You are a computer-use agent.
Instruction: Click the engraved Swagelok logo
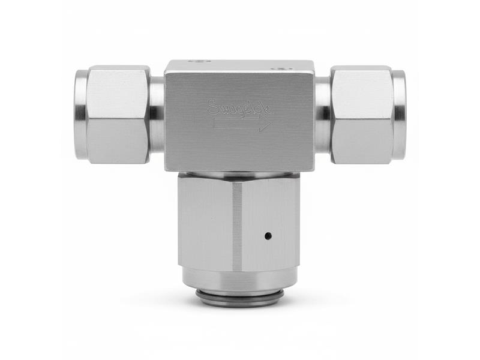click(x=240, y=108)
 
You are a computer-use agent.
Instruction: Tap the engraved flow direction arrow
click(x=242, y=124)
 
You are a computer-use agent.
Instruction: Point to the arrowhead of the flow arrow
click(x=266, y=124)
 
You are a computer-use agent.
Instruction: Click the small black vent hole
click(x=268, y=236)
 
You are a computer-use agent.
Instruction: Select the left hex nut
click(x=118, y=115)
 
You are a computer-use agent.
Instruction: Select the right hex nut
click(x=362, y=115)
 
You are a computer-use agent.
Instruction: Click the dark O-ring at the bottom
click(x=239, y=293)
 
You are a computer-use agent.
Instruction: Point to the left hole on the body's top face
click(x=200, y=61)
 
